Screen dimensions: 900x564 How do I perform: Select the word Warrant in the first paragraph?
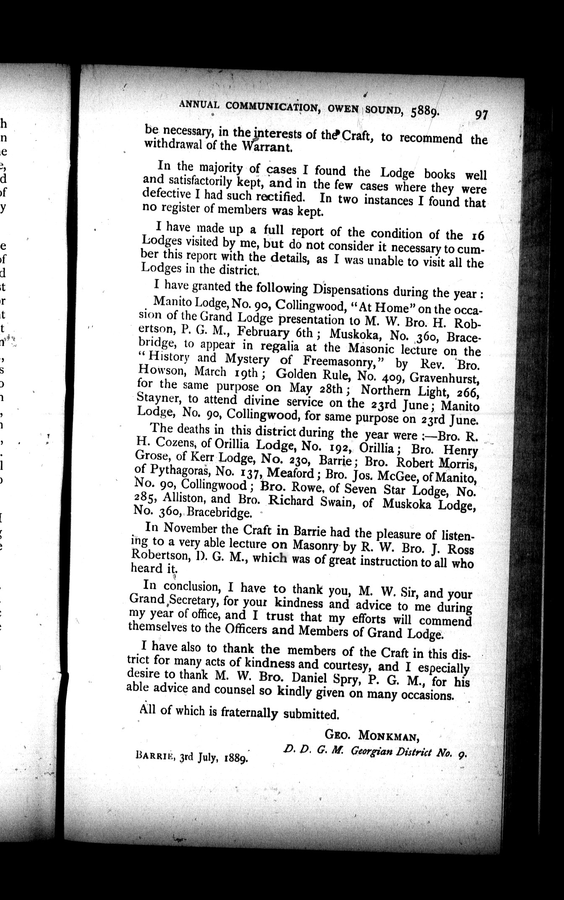pos(269,147)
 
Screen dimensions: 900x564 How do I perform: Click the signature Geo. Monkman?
pos(372,735)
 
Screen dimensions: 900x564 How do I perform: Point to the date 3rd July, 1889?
pos(214,758)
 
